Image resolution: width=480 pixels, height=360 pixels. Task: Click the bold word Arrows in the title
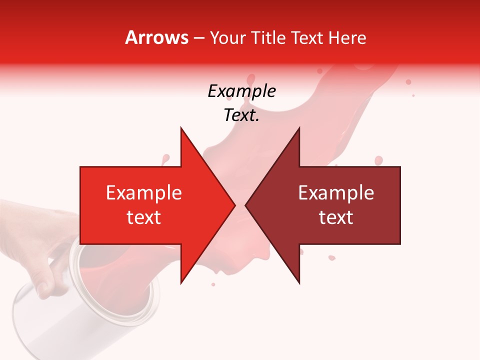point(156,37)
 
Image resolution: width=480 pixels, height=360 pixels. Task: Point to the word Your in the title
point(228,38)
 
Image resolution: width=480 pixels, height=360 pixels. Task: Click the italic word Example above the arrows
point(241,91)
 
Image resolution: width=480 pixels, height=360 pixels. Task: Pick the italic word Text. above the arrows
point(241,115)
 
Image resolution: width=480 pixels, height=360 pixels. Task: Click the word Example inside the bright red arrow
point(144,193)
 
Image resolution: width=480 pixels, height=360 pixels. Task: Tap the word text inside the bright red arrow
point(144,217)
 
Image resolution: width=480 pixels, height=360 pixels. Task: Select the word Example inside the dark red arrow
point(336,193)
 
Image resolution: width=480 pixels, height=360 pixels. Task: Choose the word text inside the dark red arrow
point(336,217)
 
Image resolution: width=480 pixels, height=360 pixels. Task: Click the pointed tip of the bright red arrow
point(234,205)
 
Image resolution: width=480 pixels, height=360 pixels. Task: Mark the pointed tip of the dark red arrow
point(246,205)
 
